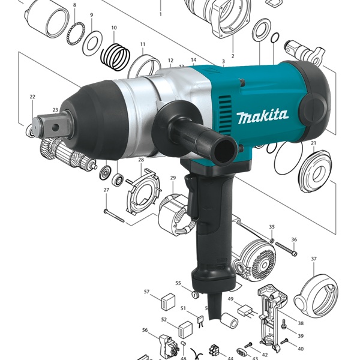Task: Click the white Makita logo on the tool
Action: (263, 116)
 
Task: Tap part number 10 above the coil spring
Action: (114, 28)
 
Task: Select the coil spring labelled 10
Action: (115, 57)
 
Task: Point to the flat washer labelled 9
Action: (92, 43)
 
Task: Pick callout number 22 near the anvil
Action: (32, 97)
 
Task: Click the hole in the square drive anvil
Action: (55, 128)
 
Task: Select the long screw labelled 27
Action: (114, 216)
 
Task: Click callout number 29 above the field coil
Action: (173, 178)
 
